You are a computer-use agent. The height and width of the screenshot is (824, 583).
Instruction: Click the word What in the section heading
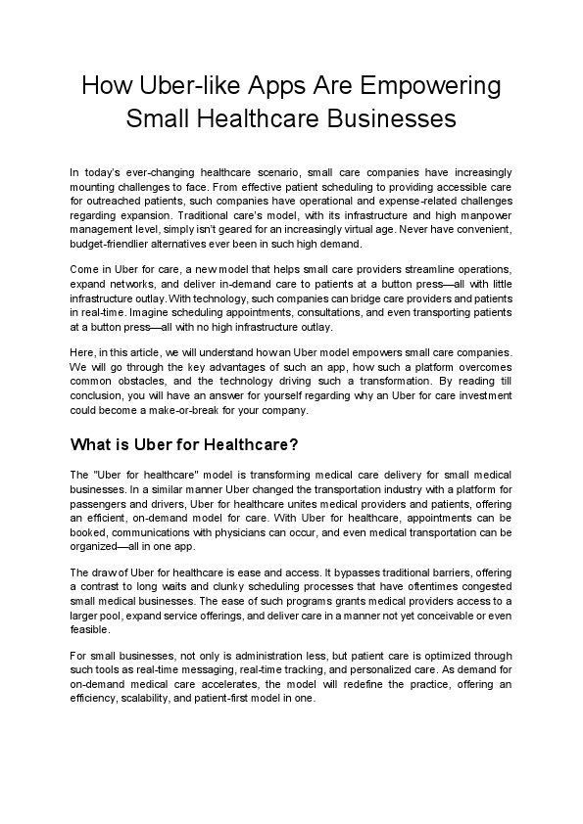[x=93, y=443]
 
